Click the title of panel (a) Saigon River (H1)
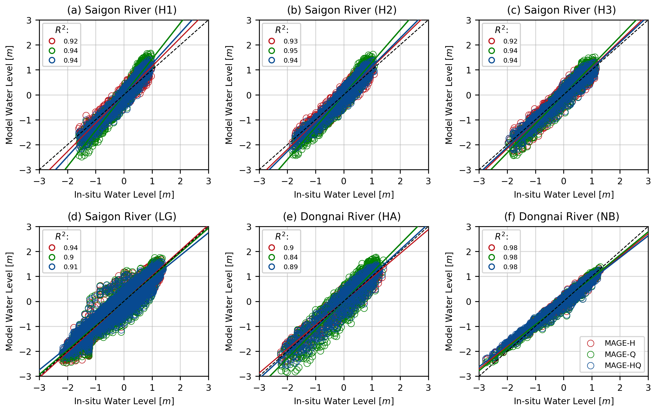[x=122, y=10]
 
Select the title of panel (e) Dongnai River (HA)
[x=341, y=217]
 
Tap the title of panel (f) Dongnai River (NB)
[x=561, y=217]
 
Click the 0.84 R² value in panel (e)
[x=290, y=257]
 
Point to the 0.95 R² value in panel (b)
[x=290, y=51]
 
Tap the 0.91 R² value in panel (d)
[x=71, y=267]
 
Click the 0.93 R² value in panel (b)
[x=290, y=41]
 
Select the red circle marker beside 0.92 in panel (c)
[x=492, y=41]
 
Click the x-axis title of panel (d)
[x=124, y=401]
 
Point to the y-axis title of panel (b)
[x=229, y=95]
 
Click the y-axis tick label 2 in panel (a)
[x=29, y=45]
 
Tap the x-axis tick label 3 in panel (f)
[x=648, y=388]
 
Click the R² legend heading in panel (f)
[x=501, y=236]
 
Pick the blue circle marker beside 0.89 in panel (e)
[x=272, y=267]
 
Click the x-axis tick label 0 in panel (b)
[x=344, y=181]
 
